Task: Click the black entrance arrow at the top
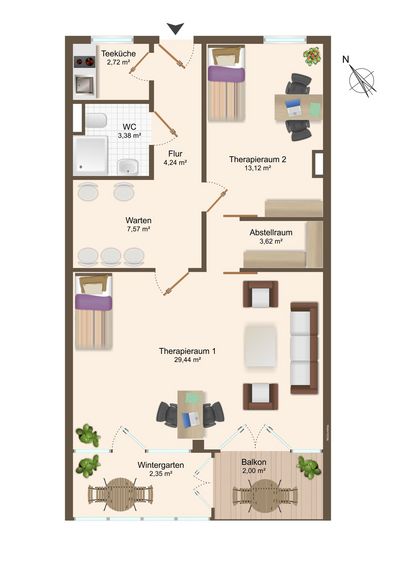[x=175, y=29]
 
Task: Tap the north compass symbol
[x=361, y=78]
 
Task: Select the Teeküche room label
[x=118, y=54]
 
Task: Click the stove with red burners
[x=84, y=62]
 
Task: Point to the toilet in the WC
[x=96, y=120]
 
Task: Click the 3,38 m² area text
[x=129, y=136]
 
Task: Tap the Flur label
[x=175, y=154]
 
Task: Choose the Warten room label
[x=138, y=220]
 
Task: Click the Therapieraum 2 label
[x=258, y=159]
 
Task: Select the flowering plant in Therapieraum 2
[x=312, y=56]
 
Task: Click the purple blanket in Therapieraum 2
[x=226, y=74]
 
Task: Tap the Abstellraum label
[x=271, y=232]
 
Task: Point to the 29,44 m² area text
[x=187, y=360]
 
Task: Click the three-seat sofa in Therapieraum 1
[x=304, y=348]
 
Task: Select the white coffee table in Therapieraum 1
[x=261, y=346]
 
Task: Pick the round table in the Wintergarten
[x=121, y=494]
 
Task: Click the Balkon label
[x=254, y=462]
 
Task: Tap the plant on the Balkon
[x=309, y=467]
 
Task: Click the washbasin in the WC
[x=128, y=166]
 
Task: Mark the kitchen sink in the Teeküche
[x=84, y=85]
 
